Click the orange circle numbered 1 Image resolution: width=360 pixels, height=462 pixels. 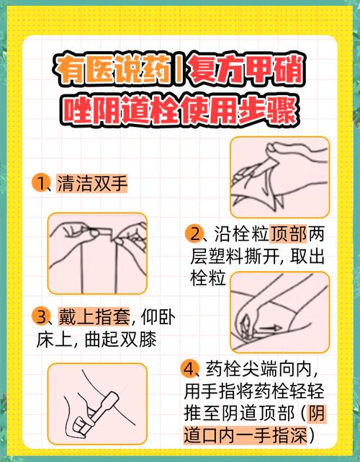(39, 183)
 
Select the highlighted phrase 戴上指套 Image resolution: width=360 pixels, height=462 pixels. (91, 316)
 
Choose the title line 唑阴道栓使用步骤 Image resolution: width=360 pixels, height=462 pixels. (180, 110)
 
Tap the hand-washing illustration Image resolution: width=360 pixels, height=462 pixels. (279, 171)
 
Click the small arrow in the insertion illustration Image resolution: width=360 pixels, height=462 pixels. (270, 328)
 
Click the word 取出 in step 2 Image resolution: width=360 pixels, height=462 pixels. (312, 255)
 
